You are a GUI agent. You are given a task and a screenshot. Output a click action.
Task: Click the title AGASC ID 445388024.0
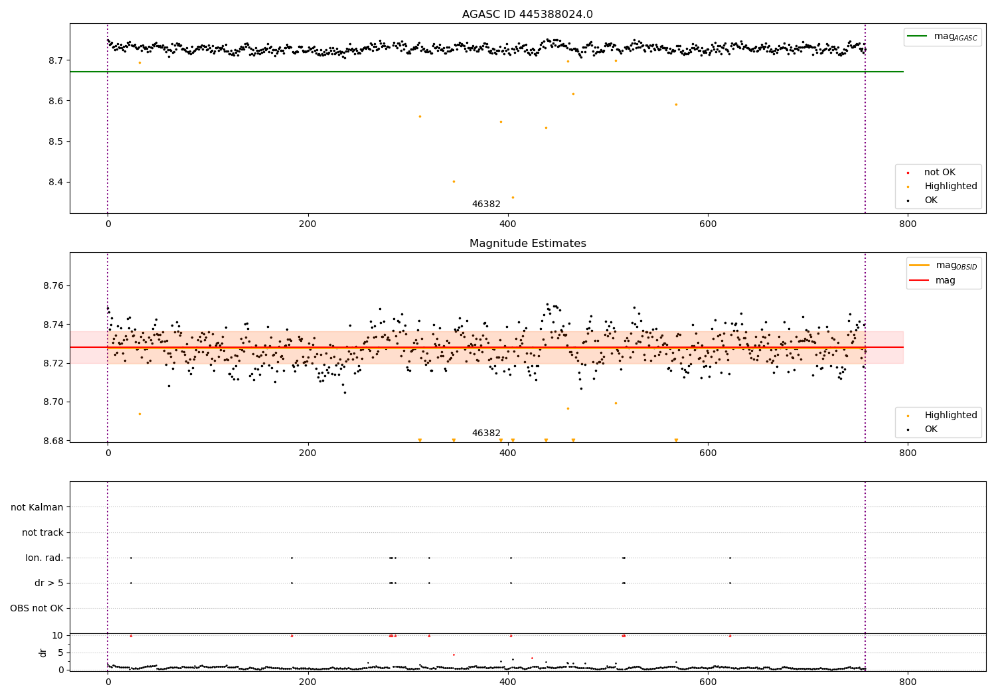[x=527, y=15]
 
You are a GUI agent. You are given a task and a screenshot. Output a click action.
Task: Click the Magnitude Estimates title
[x=527, y=244]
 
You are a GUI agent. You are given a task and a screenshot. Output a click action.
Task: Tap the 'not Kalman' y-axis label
[x=37, y=508]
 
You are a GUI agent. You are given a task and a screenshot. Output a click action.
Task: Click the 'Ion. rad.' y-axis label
[x=44, y=558]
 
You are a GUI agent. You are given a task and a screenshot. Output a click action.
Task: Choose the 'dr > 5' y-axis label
[x=49, y=583]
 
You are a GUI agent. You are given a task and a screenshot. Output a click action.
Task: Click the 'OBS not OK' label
[x=37, y=609]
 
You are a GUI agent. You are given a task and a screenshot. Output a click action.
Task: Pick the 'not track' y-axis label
[x=42, y=533]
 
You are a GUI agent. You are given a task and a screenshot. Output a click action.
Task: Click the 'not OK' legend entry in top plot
[x=940, y=173]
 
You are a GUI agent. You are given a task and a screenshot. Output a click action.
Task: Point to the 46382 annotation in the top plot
[x=486, y=204]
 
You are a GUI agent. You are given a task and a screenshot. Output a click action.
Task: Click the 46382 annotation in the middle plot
[x=486, y=433]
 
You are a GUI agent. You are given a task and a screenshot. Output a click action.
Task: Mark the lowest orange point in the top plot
[x=513, y=197]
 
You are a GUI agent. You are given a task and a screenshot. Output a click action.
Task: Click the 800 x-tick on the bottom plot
[x=907, y=681]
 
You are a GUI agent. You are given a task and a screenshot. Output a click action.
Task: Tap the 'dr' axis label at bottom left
[x=43, y=653]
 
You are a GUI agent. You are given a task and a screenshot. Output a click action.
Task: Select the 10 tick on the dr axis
[x=57, y=635]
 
